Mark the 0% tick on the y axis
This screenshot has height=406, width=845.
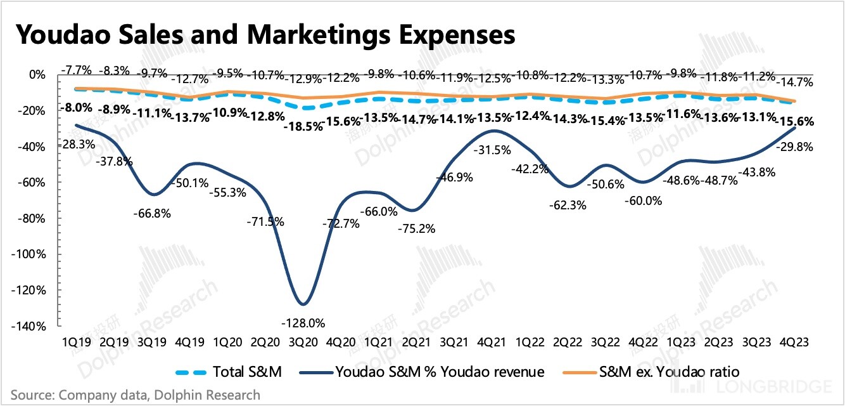coord(37,75)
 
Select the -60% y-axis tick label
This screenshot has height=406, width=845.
coord(32,183)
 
